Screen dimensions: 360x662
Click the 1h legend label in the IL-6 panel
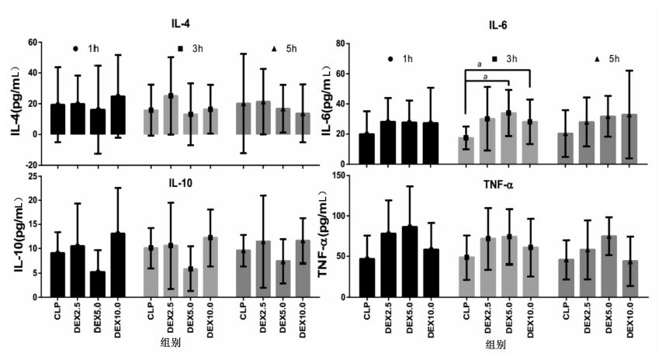coord(407,59)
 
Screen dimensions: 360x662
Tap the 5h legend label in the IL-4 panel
coord(291,49)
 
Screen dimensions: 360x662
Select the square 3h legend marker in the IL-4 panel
coord(180,48)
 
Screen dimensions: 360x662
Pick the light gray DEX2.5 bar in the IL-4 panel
coord(171,115)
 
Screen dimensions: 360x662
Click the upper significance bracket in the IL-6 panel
coord(497,71)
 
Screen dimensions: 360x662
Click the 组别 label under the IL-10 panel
coord(167,342)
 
